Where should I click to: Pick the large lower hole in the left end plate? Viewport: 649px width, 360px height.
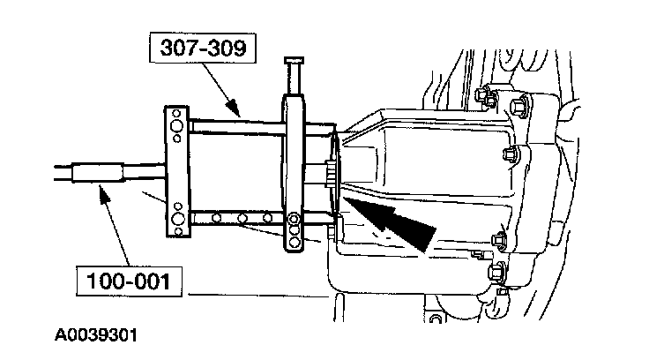(179, 215)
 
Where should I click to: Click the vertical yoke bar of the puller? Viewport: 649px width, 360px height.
(294, 168)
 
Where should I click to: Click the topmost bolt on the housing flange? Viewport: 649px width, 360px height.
(482, 94)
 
